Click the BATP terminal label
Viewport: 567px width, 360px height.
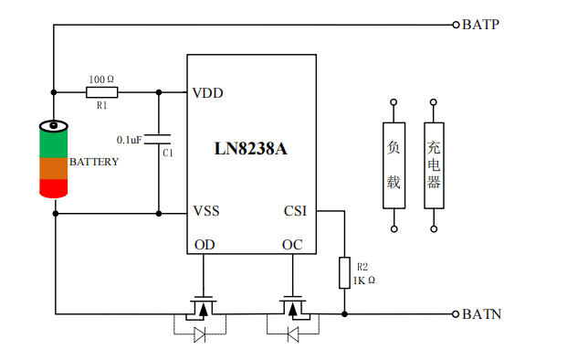[x=480, y=25]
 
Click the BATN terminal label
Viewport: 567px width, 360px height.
[x=482, y=314]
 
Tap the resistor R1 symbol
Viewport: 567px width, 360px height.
[x=102, y=92]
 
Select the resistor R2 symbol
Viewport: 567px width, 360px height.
[x=344, y=273]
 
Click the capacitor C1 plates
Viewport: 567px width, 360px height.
[x=158, y=139]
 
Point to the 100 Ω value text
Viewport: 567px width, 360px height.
[x=101, y=79]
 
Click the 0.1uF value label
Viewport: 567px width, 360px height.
[x=129, y=140]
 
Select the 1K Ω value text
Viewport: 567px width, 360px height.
[x=363, y=281]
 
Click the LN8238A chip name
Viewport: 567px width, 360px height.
[x=250, y=148]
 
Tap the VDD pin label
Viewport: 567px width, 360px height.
[x=207, y=93]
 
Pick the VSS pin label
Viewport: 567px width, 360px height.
[x=206, y=210]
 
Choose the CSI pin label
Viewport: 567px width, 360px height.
[x=295, y=210]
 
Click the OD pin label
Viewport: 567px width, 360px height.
[x=205, y=245]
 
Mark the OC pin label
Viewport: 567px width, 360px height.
[x=292, y=245]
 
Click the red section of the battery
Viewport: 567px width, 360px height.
[x=54, y=188]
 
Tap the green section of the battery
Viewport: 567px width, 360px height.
[x=54, y=144]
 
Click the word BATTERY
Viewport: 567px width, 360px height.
[x=94, y=162]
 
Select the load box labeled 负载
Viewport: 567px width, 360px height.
[x=394, y=165]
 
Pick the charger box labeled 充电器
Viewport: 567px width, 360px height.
[x=434, y=165]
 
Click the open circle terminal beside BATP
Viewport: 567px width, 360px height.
[x=456, y=25]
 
